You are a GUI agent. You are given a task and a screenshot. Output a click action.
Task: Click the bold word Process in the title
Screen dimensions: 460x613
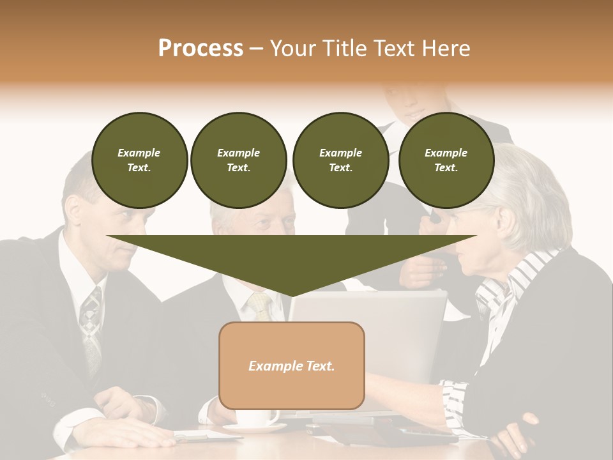[201, 49]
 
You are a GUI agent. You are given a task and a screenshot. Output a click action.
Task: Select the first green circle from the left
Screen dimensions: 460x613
[139, 160]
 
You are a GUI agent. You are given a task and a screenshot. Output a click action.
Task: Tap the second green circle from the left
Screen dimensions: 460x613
[238, 160]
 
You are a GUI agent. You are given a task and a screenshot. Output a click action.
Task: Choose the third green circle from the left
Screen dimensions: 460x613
[340, 160]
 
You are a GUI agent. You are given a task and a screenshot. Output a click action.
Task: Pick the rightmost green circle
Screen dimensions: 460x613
[446, 160]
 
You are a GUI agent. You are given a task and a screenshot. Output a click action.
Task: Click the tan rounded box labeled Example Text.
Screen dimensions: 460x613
[291, 365]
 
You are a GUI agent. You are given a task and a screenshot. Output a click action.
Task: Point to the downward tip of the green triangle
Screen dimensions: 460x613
[292, 295]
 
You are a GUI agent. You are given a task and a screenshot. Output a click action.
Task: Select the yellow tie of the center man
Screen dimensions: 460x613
[261, 307]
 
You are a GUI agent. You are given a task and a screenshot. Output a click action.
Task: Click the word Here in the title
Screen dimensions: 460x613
[447, 49]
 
